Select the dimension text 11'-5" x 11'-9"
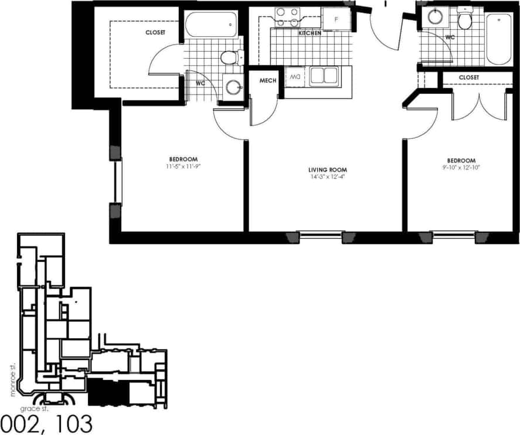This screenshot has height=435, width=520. (x=183, y=166)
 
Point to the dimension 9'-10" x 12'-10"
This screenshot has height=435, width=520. (x=461, y=167)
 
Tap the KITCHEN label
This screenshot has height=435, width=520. (x=310, y=33)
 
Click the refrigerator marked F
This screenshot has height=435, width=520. (x=336, y=19)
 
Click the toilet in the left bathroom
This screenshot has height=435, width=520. (x=230, y=57)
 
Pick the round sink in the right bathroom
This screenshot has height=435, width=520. (x=435, y=16)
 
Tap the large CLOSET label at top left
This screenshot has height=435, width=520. (x=155, y=33)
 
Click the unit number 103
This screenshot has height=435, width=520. (x=73, y=424)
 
